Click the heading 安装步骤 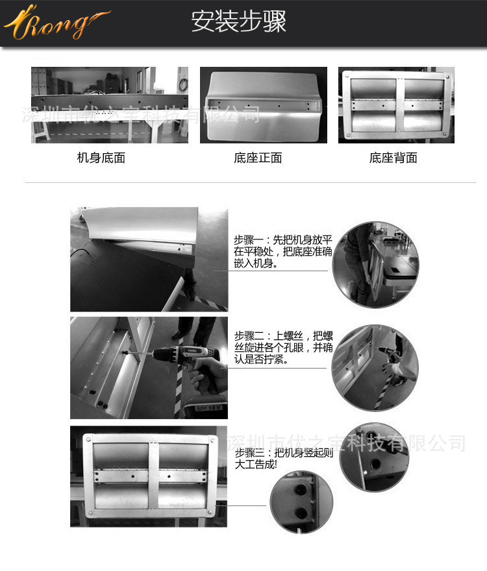point(239,21)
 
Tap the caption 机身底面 point(101,158)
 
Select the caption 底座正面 point(258,158)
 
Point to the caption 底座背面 point(393,158)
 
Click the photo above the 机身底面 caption point(110,105)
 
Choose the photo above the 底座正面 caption point(263,105)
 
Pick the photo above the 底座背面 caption point(396,105)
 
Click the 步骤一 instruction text point(283,251)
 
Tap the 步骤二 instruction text point(283,347)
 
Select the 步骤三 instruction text point(284,459)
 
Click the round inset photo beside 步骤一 point(375,265)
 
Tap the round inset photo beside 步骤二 point(375,368)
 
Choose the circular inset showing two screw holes point(301,502)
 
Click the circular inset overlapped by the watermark point(375,457)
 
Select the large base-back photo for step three point(149,476)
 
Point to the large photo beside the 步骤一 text point(149,260)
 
